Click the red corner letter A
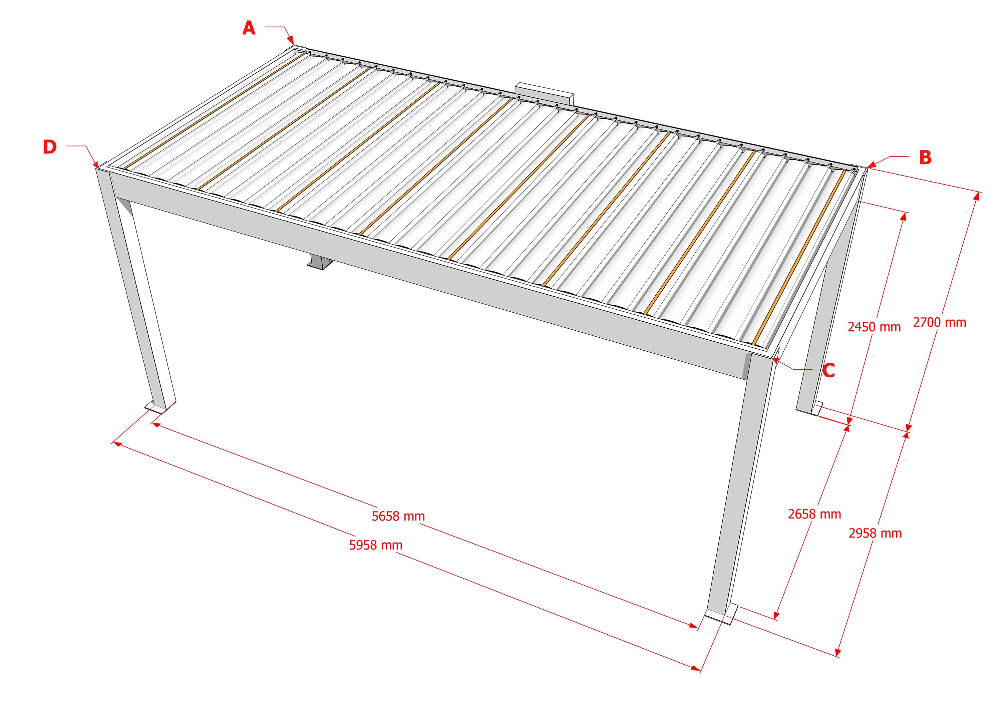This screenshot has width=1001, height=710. pyautogui.click(x=249, y=28)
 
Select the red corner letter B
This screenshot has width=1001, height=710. pyautogui.click(x=925, y=158)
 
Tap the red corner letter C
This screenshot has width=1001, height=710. pyautogui.click(x=828, y=370)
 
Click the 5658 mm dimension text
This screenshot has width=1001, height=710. pyautogui.click(x=398, y=516)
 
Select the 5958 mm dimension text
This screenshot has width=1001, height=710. pyautogui.click(x=375, y=545)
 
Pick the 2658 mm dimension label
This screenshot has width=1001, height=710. pyautogui.click(x=814, y=514)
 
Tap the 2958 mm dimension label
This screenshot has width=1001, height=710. pyautogui.click(x=875, y=534)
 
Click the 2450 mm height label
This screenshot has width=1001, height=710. pyautogui.click(x=874, y=327)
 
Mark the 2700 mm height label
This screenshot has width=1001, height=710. pyautogui.click(x=939, y=323)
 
